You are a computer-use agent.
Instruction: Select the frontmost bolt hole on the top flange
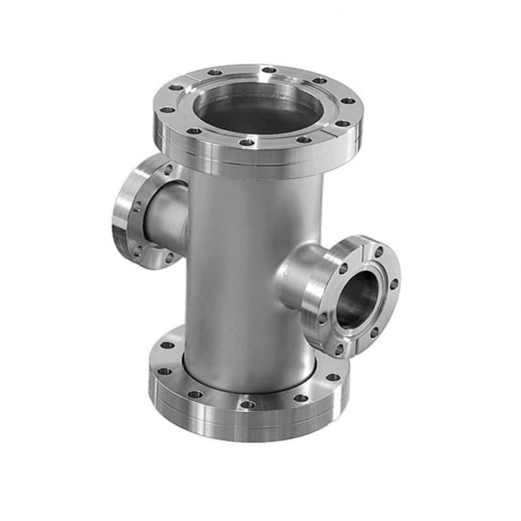pos(246,142)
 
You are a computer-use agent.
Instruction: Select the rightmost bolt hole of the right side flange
pos(393,284)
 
